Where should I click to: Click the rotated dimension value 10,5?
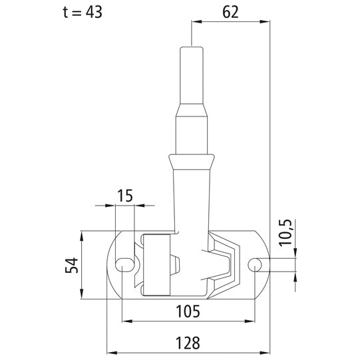[285, 232]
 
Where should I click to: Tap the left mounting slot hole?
[123, 265]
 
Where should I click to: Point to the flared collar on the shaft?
[192, 160]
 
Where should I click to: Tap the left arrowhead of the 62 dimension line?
[195, 21]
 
